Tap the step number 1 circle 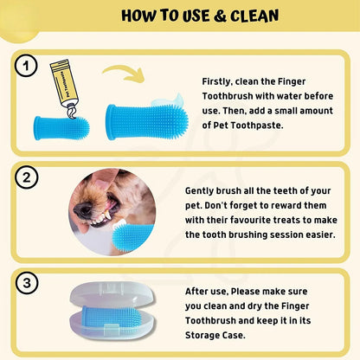(x=29, y=66)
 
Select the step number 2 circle (x=29, y=177)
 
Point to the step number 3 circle (x=29, y=284)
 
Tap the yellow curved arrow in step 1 (x=122, y=76)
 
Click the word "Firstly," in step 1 (x=221, y=77)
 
